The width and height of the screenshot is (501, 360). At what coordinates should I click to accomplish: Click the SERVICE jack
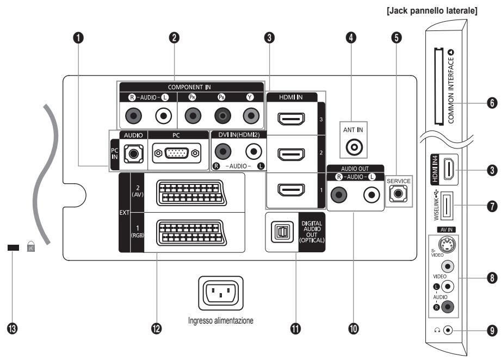click(399, 193)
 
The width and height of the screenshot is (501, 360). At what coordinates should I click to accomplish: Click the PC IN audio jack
click(131, 154)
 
